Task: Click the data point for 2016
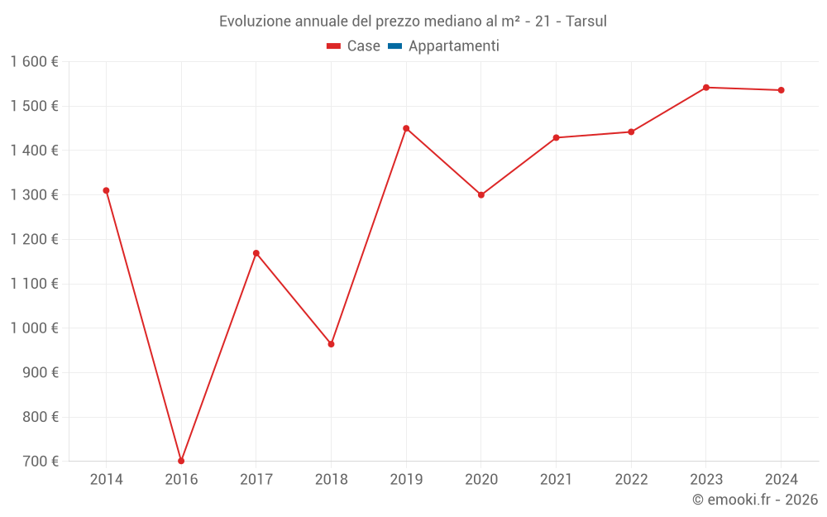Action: [x=181, y=461]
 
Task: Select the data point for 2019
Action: [x=406, y=128]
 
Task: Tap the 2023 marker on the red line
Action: [x=706, y=88]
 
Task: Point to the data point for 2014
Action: [x=106, y=190]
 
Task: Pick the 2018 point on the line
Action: [x=331, y=344]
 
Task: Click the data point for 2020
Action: [x=481, y=195]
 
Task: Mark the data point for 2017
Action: [x=256, y=253]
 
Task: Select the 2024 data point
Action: [x=782, y=90]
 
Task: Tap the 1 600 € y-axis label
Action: [x=35, y=62]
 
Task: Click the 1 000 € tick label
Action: [x=35, y=328]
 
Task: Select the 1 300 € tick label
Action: [x=35, y=195]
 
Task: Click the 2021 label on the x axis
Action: [x=556, y=480]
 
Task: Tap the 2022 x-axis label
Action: [x=631, y=480]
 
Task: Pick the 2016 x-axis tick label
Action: [x=181, y=480]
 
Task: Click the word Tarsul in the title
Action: [x=586, y=21]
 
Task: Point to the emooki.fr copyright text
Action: [x=755, y=500]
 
